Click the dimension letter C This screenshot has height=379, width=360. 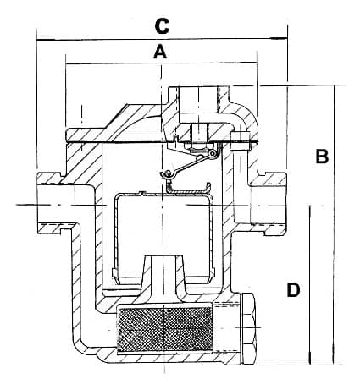click(162, 26)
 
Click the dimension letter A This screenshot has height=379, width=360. click(160, 52)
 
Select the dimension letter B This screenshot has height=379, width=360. click(322, 157)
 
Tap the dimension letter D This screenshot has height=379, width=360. click(293, 290)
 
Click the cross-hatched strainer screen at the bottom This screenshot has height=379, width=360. click(164, 329)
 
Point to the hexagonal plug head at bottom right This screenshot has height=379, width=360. click(248, 328)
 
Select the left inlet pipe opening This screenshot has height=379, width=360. click(56, 204)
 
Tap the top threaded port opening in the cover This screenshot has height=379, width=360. click(198, 99)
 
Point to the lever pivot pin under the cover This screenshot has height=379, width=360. click(213, 153)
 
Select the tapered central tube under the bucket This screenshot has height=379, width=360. click(164, 275)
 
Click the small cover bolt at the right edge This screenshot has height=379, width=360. click(240, 141)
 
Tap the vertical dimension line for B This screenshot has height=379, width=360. click(335, 224)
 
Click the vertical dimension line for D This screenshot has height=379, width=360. click(310, 285)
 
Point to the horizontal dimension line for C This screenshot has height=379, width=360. click(162, 40)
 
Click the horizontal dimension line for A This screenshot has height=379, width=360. click(161, 63)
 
